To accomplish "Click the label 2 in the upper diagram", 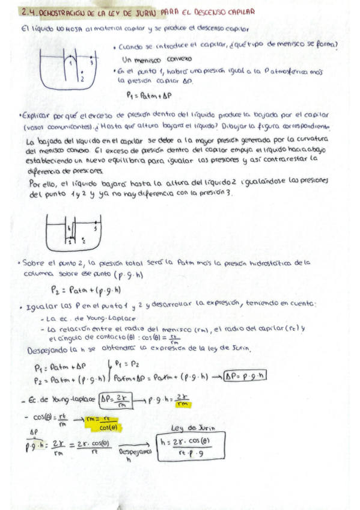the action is point(81,78).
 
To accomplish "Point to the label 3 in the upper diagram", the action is point(91,61).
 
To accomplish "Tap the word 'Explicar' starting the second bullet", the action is point(35,114).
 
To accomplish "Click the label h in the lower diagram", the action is point(70,227).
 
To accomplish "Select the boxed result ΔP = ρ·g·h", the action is point(245,376).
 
